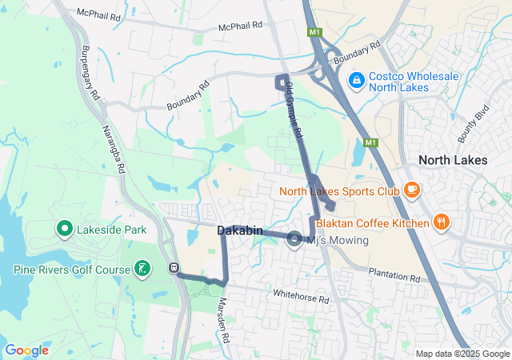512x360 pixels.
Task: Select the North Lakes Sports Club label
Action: point(339,191)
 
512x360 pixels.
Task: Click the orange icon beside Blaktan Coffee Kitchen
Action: point(440,222)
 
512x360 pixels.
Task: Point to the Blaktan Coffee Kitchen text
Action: point(373,223)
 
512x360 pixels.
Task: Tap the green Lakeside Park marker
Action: point(63,230)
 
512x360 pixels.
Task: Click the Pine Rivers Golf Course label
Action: point(71,270)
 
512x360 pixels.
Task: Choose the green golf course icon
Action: point(142,268)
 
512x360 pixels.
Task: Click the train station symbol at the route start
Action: point(174,268)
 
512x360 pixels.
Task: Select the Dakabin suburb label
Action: point(238,230)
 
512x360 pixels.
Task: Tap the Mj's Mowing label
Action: point(338,240)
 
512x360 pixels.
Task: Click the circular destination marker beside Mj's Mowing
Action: point(294,238)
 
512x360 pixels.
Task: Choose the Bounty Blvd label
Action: point(473,124)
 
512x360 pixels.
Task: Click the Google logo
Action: point(26,350)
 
